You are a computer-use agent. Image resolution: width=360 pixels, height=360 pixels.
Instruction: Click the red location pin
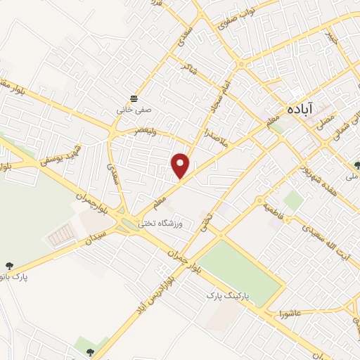click(x=181, y=165)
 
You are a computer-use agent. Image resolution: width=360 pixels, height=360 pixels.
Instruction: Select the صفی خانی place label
click(x=134, y=110)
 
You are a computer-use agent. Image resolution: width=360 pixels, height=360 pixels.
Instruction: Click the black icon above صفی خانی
click(x=134, y=97)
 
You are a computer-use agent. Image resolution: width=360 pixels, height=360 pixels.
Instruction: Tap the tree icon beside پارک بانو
click(x=9, y=266)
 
